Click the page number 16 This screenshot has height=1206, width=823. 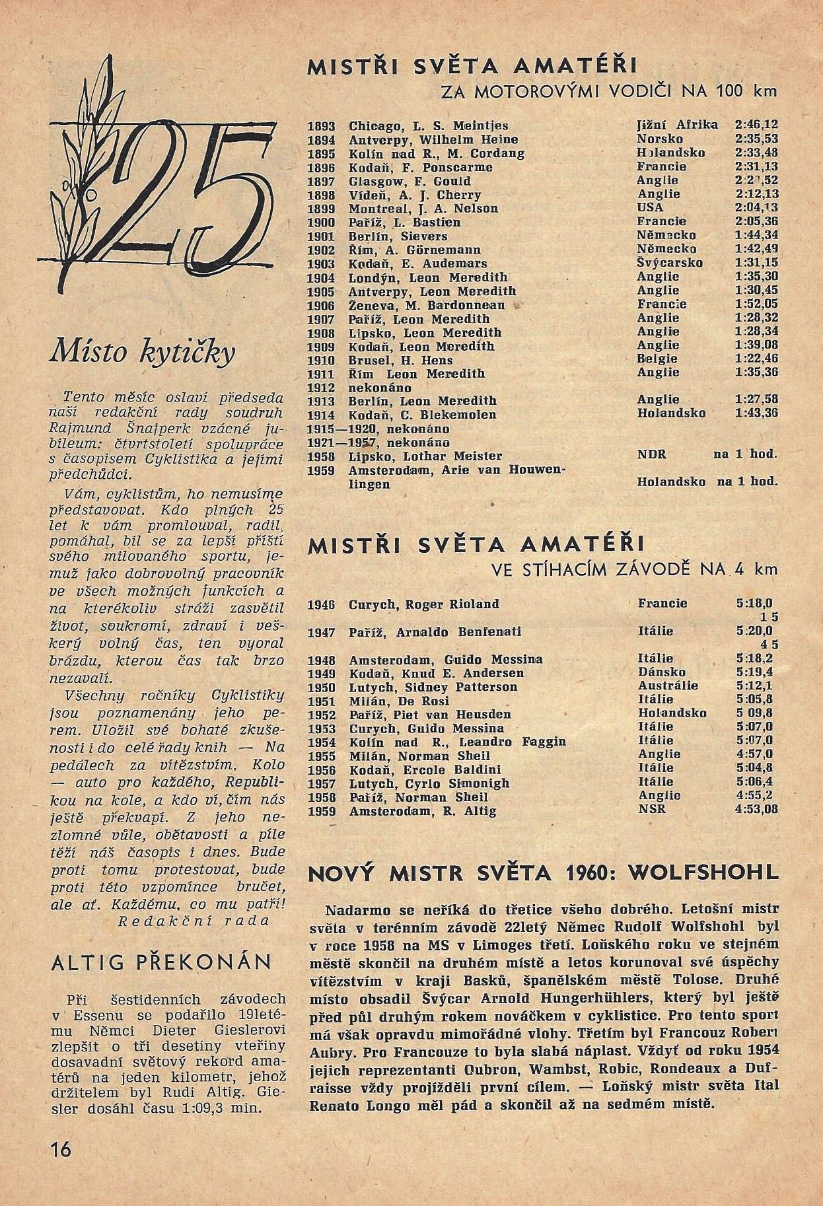point(60,1149)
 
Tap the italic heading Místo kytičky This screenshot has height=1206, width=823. point(142,353)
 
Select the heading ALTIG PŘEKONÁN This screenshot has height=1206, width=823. point(161,962)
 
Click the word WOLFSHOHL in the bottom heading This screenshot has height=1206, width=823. point(703,872)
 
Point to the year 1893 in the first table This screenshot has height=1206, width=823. point(322,125)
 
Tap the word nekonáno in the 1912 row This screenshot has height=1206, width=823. point(380,388)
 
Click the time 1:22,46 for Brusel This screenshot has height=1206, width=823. point(756,360)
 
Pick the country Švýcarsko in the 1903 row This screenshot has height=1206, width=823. point(670,263)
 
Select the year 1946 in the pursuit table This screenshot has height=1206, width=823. point(322,604)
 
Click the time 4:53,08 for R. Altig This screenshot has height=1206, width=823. point(757,810)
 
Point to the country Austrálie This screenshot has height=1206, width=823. point(668,686)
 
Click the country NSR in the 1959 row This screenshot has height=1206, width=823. point(652,810)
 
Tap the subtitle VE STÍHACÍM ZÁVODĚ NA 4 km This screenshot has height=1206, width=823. point(640,569)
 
